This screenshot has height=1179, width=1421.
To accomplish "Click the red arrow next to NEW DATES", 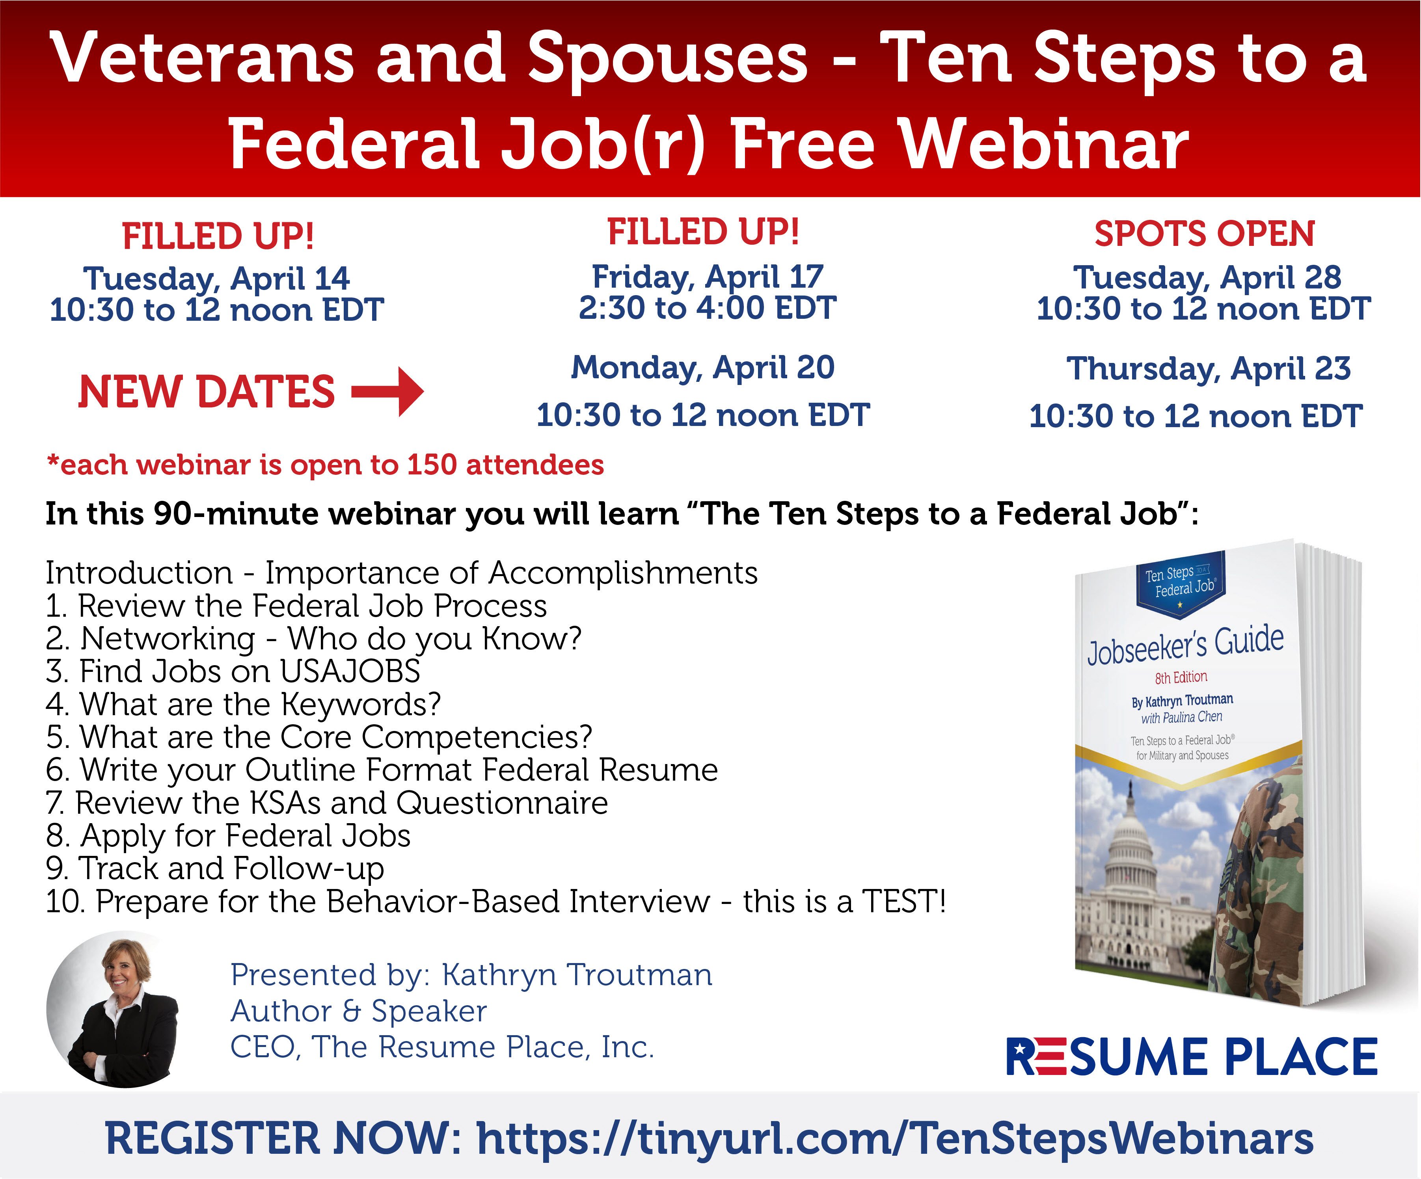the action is (388, 391).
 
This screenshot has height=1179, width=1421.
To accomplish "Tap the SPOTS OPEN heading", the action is (1205, 234).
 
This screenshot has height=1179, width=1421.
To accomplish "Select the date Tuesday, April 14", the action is (216, 279).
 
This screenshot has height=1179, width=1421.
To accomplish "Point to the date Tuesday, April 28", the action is (1207, 277).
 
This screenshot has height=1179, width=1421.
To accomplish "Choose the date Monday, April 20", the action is (703, 368).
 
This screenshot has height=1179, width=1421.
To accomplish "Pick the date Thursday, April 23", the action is (1209, 369).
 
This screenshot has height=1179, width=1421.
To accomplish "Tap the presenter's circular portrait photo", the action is (114, 1009).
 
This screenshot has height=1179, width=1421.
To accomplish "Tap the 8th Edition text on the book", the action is (1181, 677).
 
